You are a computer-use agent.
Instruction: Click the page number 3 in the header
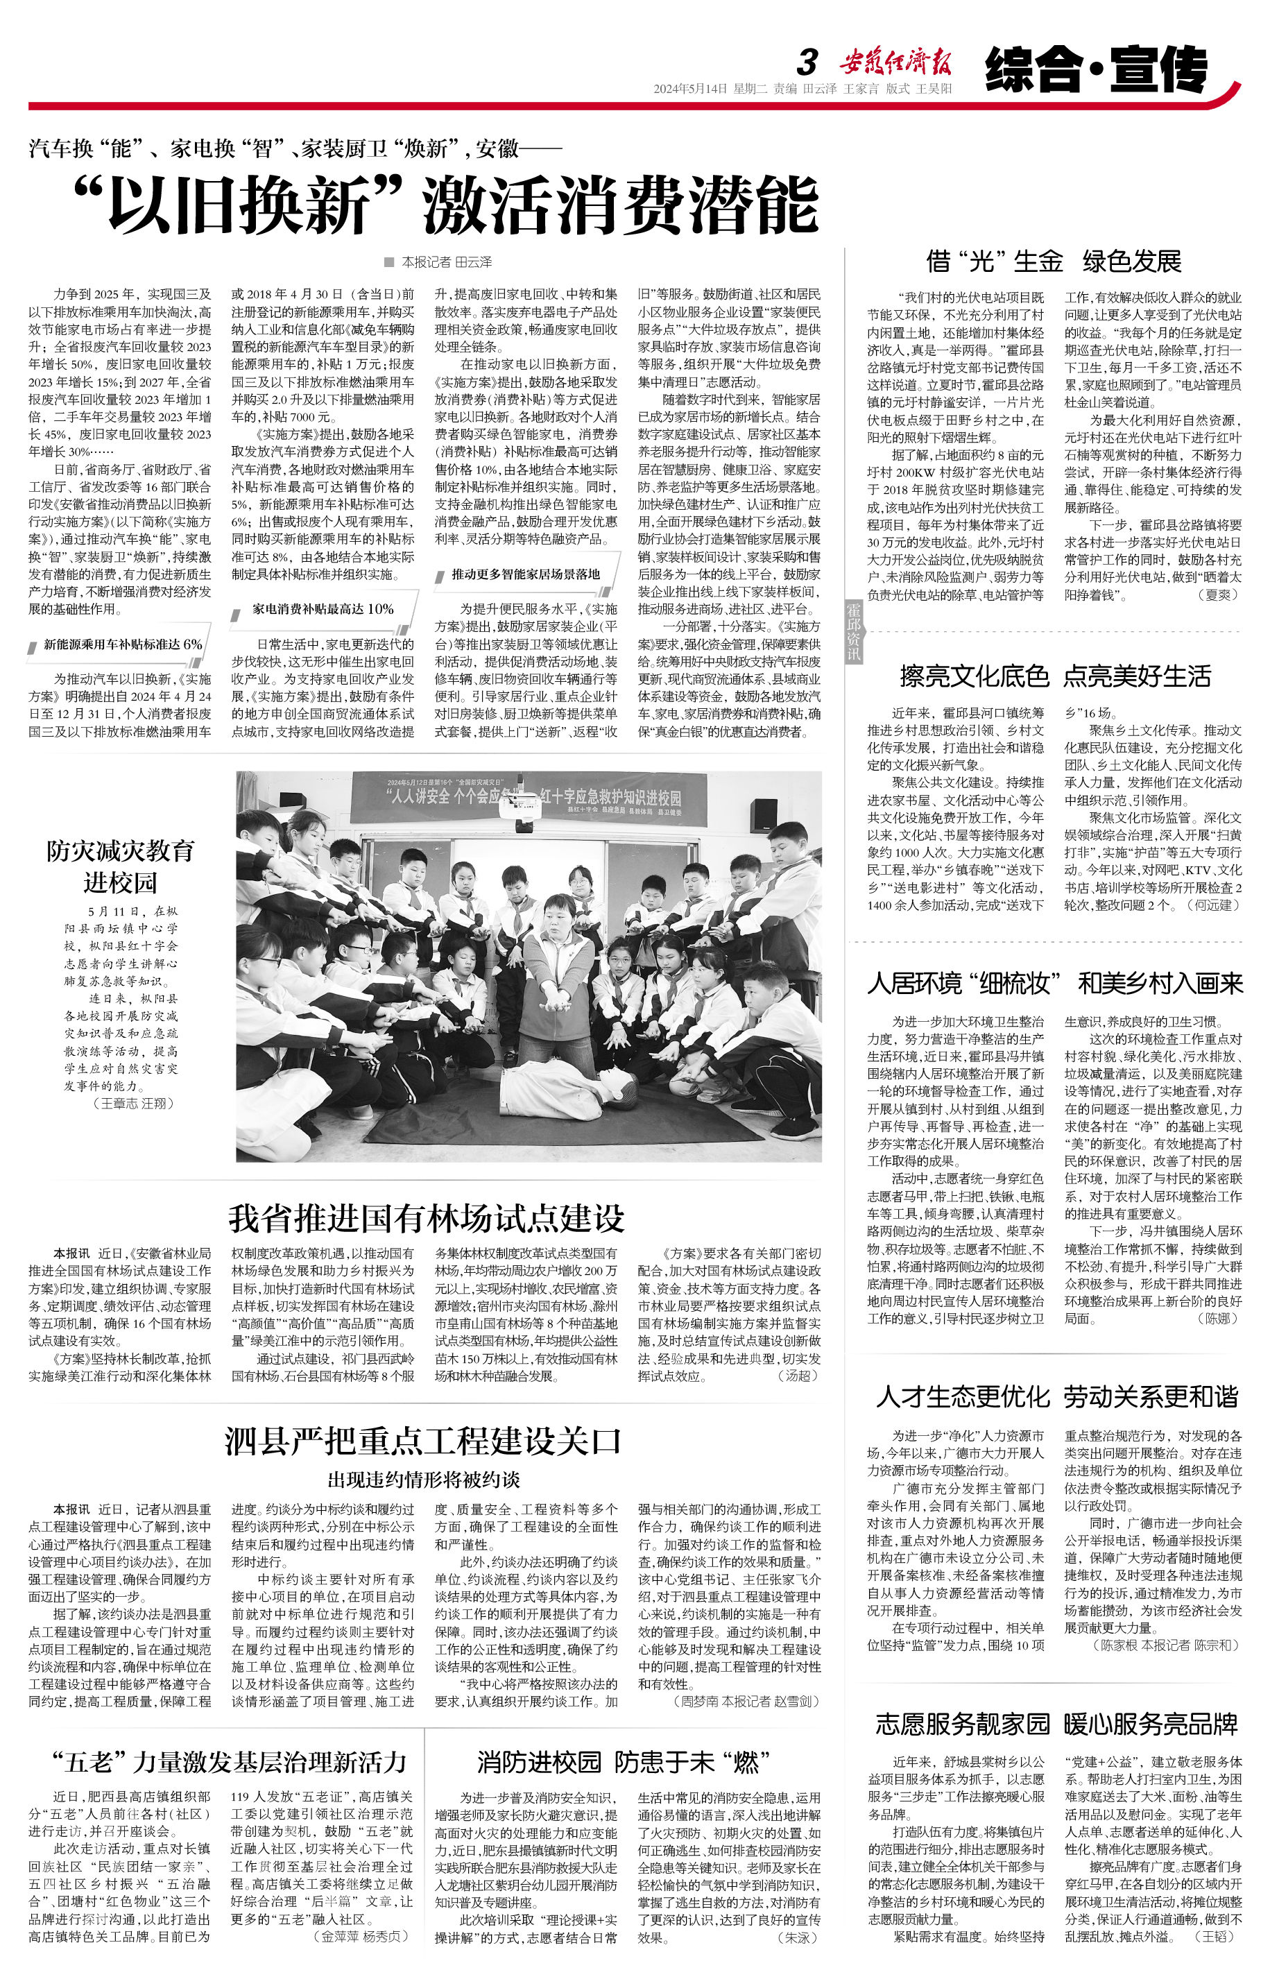click(x=807, y=62)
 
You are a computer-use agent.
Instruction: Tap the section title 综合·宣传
click(x=1096, y=69)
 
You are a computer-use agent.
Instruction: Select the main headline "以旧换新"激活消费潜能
click(x=445, y=205)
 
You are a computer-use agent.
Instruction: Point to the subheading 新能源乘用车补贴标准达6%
click(x=122, y=644)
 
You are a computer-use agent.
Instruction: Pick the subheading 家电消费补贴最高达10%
click(x=323, y=608)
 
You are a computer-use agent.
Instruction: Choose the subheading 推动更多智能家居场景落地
click(x=525, y=574)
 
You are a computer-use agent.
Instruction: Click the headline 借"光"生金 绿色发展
click(x=1053, y=262)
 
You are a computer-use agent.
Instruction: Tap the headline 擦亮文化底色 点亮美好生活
click(x=1055, y=676)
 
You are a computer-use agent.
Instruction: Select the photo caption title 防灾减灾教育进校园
click(x=121, y=866)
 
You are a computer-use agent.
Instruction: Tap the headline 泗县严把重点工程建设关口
click(x=423, y=1441)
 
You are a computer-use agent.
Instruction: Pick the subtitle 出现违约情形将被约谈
click(x=424, y=1480)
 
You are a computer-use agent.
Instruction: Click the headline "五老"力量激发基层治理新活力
click(x=230, y=1763)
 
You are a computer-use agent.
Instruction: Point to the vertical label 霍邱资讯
click(x=854, y=631)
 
